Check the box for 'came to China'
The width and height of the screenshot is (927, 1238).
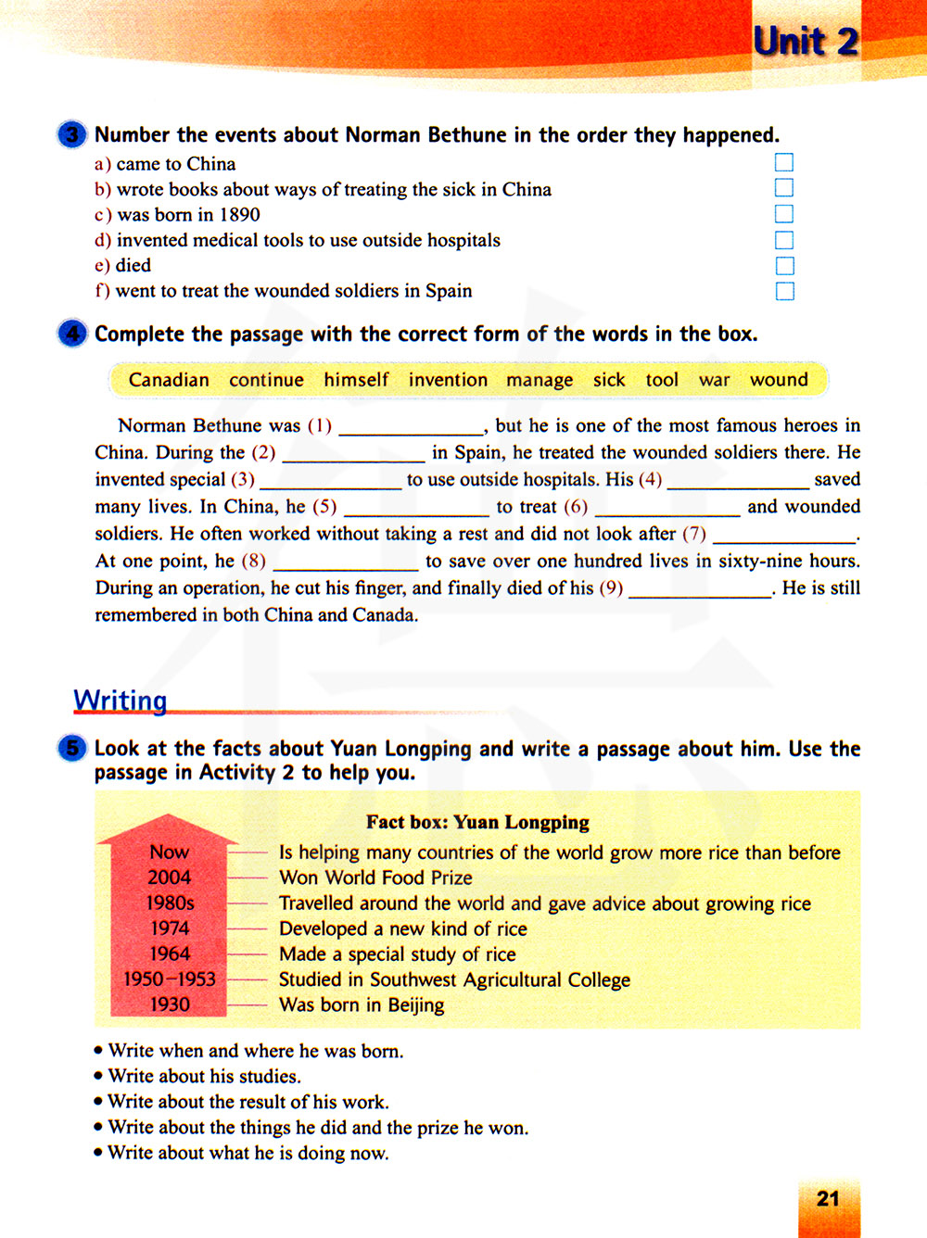(784, 163)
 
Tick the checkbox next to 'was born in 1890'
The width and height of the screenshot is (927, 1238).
(784, 214)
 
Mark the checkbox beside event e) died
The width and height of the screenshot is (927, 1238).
(784, 266)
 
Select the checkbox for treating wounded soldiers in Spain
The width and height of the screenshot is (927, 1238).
(784, 291)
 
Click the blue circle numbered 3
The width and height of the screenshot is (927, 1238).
(71, 135)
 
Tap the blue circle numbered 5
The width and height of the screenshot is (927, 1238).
(71, 748)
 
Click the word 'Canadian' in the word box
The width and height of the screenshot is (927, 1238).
(169, 380)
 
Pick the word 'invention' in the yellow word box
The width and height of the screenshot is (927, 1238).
(448, 380)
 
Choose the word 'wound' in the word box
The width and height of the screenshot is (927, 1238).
(779, 380)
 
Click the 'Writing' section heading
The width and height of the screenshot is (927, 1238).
(121, 700)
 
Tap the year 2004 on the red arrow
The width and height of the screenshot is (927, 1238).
(169, 878)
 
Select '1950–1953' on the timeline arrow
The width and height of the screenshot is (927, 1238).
(169, 979)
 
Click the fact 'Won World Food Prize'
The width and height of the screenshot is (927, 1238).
(375, 878)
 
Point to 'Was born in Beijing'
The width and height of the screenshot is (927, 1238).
(362, 1005)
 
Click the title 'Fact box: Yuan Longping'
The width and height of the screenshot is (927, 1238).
(477, 822)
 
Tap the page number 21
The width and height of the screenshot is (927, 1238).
(828, 1199)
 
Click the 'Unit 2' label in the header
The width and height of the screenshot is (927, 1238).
(806, 42)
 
